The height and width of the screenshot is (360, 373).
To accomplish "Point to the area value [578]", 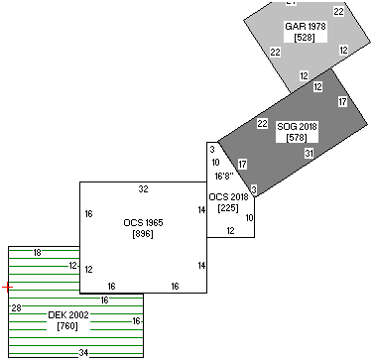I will click(295, 137).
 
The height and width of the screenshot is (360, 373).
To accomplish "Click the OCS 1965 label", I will click(143, 222).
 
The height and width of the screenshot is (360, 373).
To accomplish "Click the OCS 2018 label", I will click(229, 197).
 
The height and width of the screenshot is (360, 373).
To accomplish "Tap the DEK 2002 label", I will click(68, 314).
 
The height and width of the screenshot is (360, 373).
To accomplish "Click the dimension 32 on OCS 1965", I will click(143, 188).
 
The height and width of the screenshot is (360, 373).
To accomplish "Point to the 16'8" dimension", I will click(224, 176).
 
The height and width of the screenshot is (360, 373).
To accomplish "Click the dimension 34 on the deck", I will click(83, 353).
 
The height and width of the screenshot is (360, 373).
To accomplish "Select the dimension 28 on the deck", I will click(16, 308).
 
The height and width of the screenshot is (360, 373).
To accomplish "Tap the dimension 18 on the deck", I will click(37, 253).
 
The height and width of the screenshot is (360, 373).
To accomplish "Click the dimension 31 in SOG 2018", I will click(310, 153).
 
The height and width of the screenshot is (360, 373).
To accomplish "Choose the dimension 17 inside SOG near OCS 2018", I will click(242, 164).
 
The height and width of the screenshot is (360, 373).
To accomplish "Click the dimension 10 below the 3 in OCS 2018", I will click(215, 162).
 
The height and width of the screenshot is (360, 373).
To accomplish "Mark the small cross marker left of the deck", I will click(6, 287).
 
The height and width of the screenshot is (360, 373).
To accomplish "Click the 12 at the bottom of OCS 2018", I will click(230, 230).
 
